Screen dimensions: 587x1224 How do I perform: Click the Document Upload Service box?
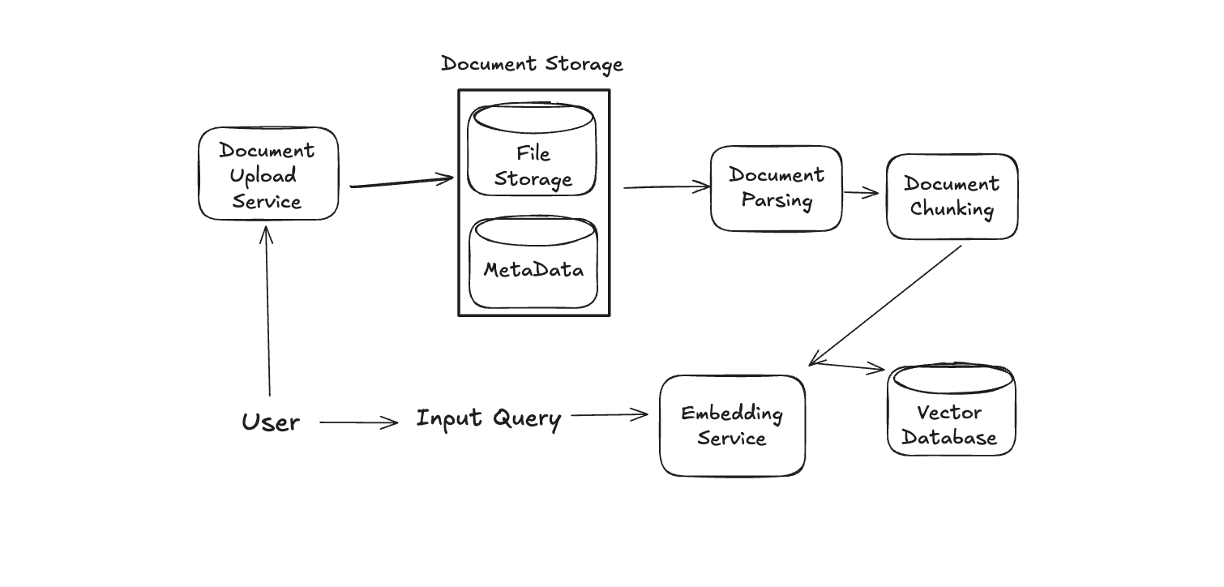click(x=268, y=174)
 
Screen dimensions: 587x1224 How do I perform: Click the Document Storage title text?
click(x=532, y=64)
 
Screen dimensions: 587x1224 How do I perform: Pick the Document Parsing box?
click(x=777, y=188)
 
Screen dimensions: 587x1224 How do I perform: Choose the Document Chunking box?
click(x=952, y=197)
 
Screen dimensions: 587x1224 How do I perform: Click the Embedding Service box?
click(x=732, y=426)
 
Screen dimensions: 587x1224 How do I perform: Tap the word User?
click(x=271, y=422)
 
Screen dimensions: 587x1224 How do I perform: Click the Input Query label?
click(x=488, y=418)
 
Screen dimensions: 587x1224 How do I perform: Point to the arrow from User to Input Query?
click(x=359, y=422)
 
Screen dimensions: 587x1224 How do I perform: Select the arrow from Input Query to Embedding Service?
click(x=610, y=415)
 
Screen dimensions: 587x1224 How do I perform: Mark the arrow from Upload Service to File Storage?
click(x=401, y=182)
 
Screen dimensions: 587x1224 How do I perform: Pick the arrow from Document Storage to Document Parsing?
click(x=666, y=187)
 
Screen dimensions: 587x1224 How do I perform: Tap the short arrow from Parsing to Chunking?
click(x=861, y=193)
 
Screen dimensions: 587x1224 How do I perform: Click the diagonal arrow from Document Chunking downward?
click(x=885, y=305)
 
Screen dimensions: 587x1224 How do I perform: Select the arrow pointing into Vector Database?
click(x=848, y=366)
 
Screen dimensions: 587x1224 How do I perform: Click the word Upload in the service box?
click(x=263, y=176)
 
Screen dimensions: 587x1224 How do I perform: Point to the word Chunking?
click(x=952, y=209)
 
